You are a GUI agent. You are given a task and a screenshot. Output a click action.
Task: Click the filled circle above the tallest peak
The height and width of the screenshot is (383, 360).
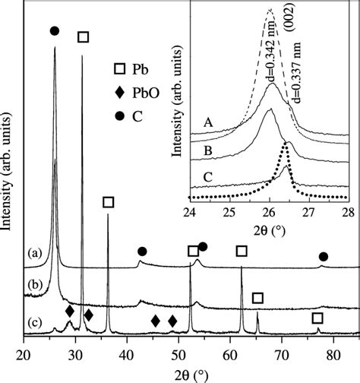54,30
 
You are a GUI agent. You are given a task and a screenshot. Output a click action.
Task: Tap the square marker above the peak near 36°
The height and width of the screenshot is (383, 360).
108,202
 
